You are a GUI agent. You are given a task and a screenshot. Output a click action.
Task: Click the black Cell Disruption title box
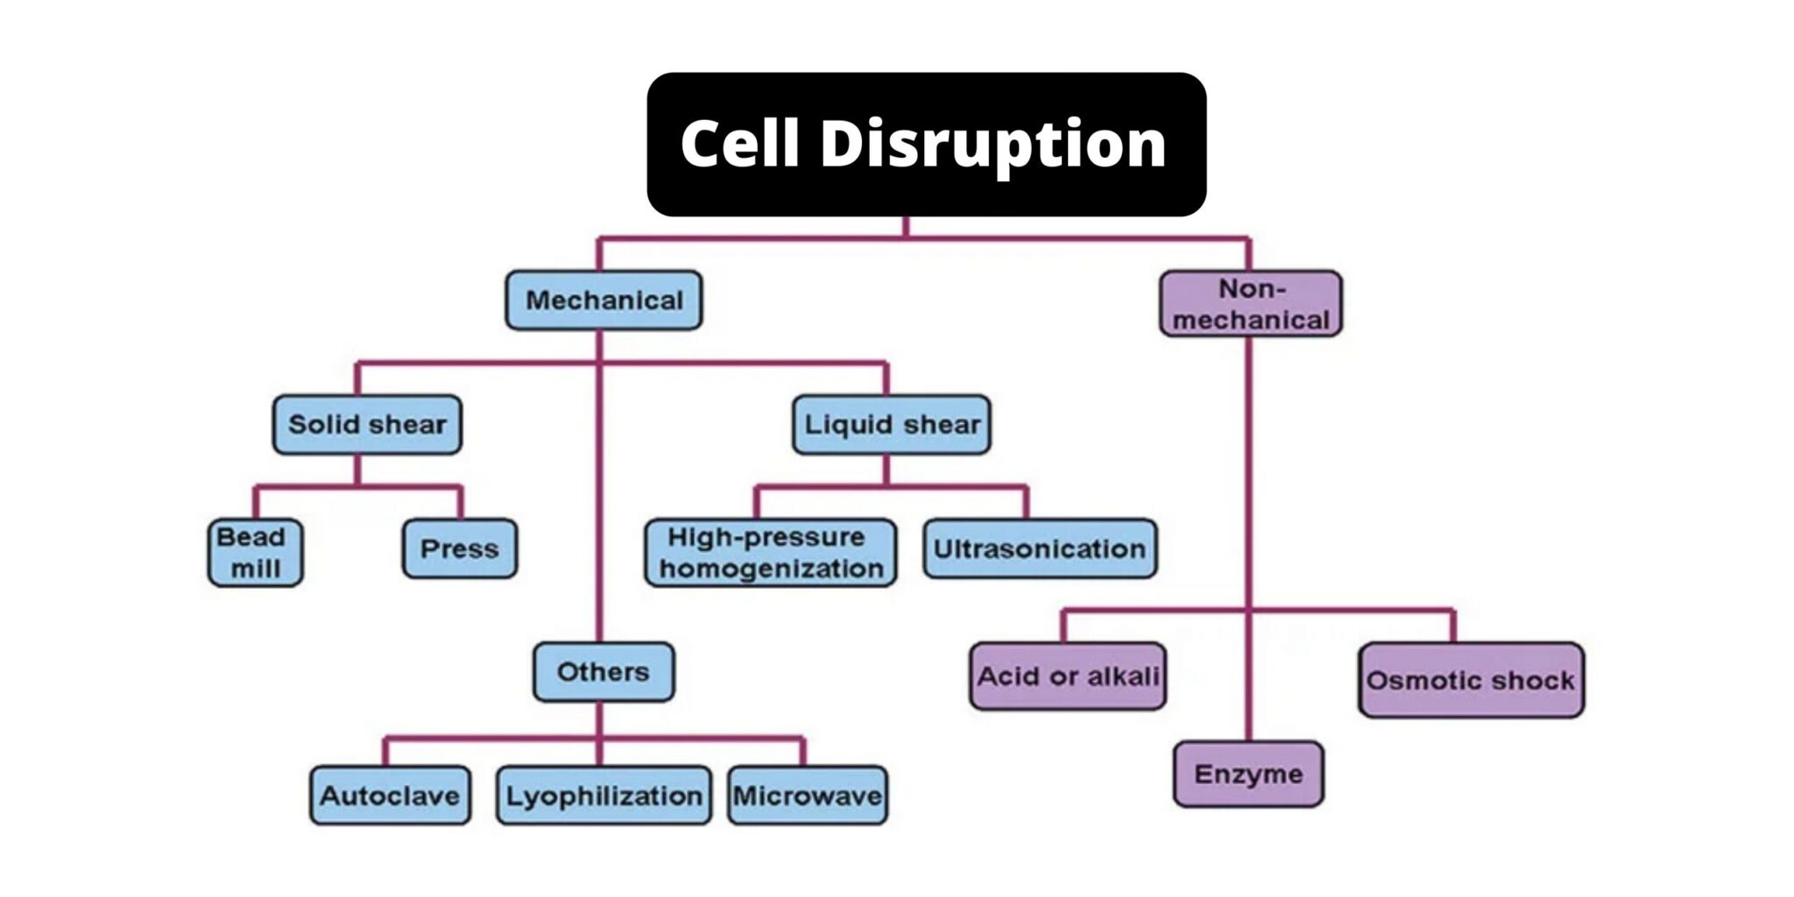[926, 145]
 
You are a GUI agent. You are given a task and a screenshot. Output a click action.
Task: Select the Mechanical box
[604, 300]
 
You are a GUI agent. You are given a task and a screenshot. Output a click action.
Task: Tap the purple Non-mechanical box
[1250, 304]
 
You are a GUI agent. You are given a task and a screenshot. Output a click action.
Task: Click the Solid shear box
[367, 425]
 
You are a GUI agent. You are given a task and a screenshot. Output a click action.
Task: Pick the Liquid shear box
[892, 425]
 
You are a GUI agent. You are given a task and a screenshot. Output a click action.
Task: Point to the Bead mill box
[255, 553]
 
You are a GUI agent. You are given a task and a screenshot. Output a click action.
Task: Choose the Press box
[459, 549]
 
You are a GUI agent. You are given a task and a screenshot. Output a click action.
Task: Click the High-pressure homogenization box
[771, 553]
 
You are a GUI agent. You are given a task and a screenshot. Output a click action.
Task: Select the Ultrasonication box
[1040, 549]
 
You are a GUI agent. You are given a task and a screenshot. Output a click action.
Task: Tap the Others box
[604, 672]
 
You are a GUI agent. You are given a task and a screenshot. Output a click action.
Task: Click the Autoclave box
[390, 796]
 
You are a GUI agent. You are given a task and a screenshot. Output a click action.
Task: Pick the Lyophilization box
[604, 796]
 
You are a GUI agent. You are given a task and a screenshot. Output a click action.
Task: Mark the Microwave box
[807, 796]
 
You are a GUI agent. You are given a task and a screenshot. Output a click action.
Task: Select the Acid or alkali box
[1068, 676]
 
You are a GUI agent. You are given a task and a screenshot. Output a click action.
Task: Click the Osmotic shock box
[1471, 681]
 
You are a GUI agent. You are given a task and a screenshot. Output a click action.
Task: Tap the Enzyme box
[1248, 774]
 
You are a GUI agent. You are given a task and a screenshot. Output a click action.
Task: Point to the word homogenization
[771, 569]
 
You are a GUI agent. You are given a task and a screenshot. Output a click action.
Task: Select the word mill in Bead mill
[255, 569]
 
